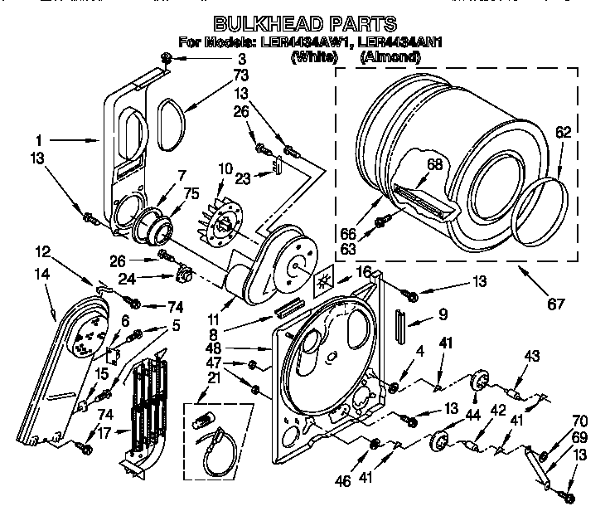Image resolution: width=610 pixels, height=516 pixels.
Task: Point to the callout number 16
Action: [363, 271]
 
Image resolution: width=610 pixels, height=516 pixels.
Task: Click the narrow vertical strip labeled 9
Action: [402, 325]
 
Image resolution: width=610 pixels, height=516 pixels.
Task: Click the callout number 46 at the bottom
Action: [343, 479]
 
